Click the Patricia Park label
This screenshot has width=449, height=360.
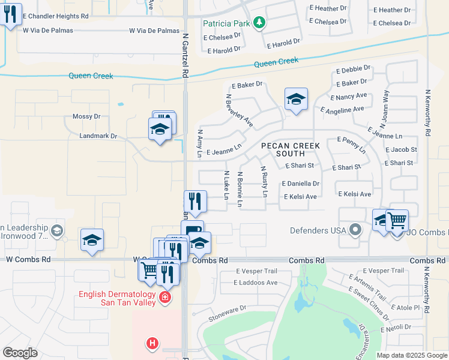(227, 23)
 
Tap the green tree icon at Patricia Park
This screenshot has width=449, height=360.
(259, 23)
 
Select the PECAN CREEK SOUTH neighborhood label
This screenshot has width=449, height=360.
(290, 149)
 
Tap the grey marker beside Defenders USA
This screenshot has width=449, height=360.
(356, 229)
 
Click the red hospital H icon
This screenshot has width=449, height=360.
(153, 343)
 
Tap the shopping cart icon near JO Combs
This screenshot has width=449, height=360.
(397, 221)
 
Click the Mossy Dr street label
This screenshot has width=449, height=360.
(86, 116)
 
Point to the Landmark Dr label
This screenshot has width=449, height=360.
(98, 136)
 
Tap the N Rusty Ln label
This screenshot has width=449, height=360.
(264, 182)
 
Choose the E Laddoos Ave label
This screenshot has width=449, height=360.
(256, 282)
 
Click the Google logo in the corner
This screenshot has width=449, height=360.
(20, 353)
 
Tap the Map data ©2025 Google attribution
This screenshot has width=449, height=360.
(411, 355)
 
